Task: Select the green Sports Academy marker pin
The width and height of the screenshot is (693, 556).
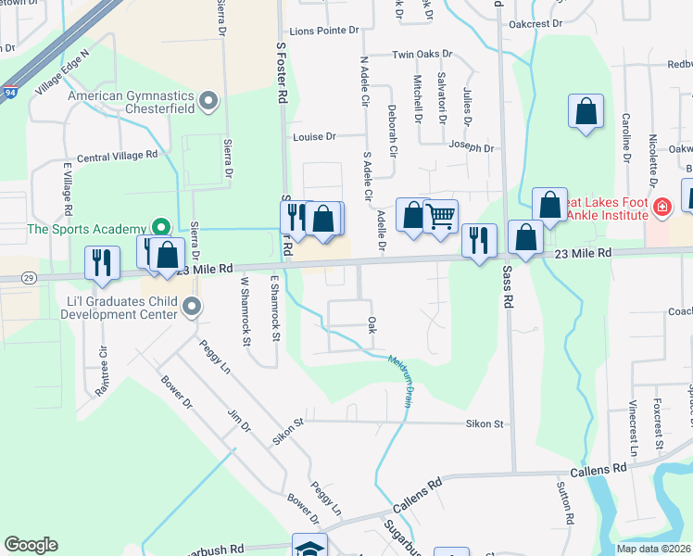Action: pyautogui.click(x=161, y=227)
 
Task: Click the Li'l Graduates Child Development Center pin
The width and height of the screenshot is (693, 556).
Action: pyautogui.click(x=192, y=306)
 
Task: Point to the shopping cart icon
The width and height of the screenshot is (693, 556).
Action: pyautogui.click(x=440, y=216)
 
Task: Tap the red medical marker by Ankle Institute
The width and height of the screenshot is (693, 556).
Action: pyautogui.click(x=661, y=207)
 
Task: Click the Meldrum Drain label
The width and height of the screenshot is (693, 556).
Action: pyautogui.click(x=400, y=380)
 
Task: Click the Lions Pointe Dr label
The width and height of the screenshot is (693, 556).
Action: pyautogui.click(x=323, y=31)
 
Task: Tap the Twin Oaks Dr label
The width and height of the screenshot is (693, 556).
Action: pyautogui.click(x=422, y=55)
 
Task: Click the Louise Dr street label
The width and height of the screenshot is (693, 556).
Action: pyautogui.click(x=315, y=136)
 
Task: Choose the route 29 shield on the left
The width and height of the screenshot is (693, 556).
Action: pyautogui.click(x=30, y=278)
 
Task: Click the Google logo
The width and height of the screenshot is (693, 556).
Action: pyautogui.click(x=31, y=545)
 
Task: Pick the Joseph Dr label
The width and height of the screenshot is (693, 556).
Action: pyautogui.click(x=471, y=147)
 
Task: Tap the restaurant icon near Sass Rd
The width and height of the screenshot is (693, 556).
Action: pyautogui.click(x=479, y=241)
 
